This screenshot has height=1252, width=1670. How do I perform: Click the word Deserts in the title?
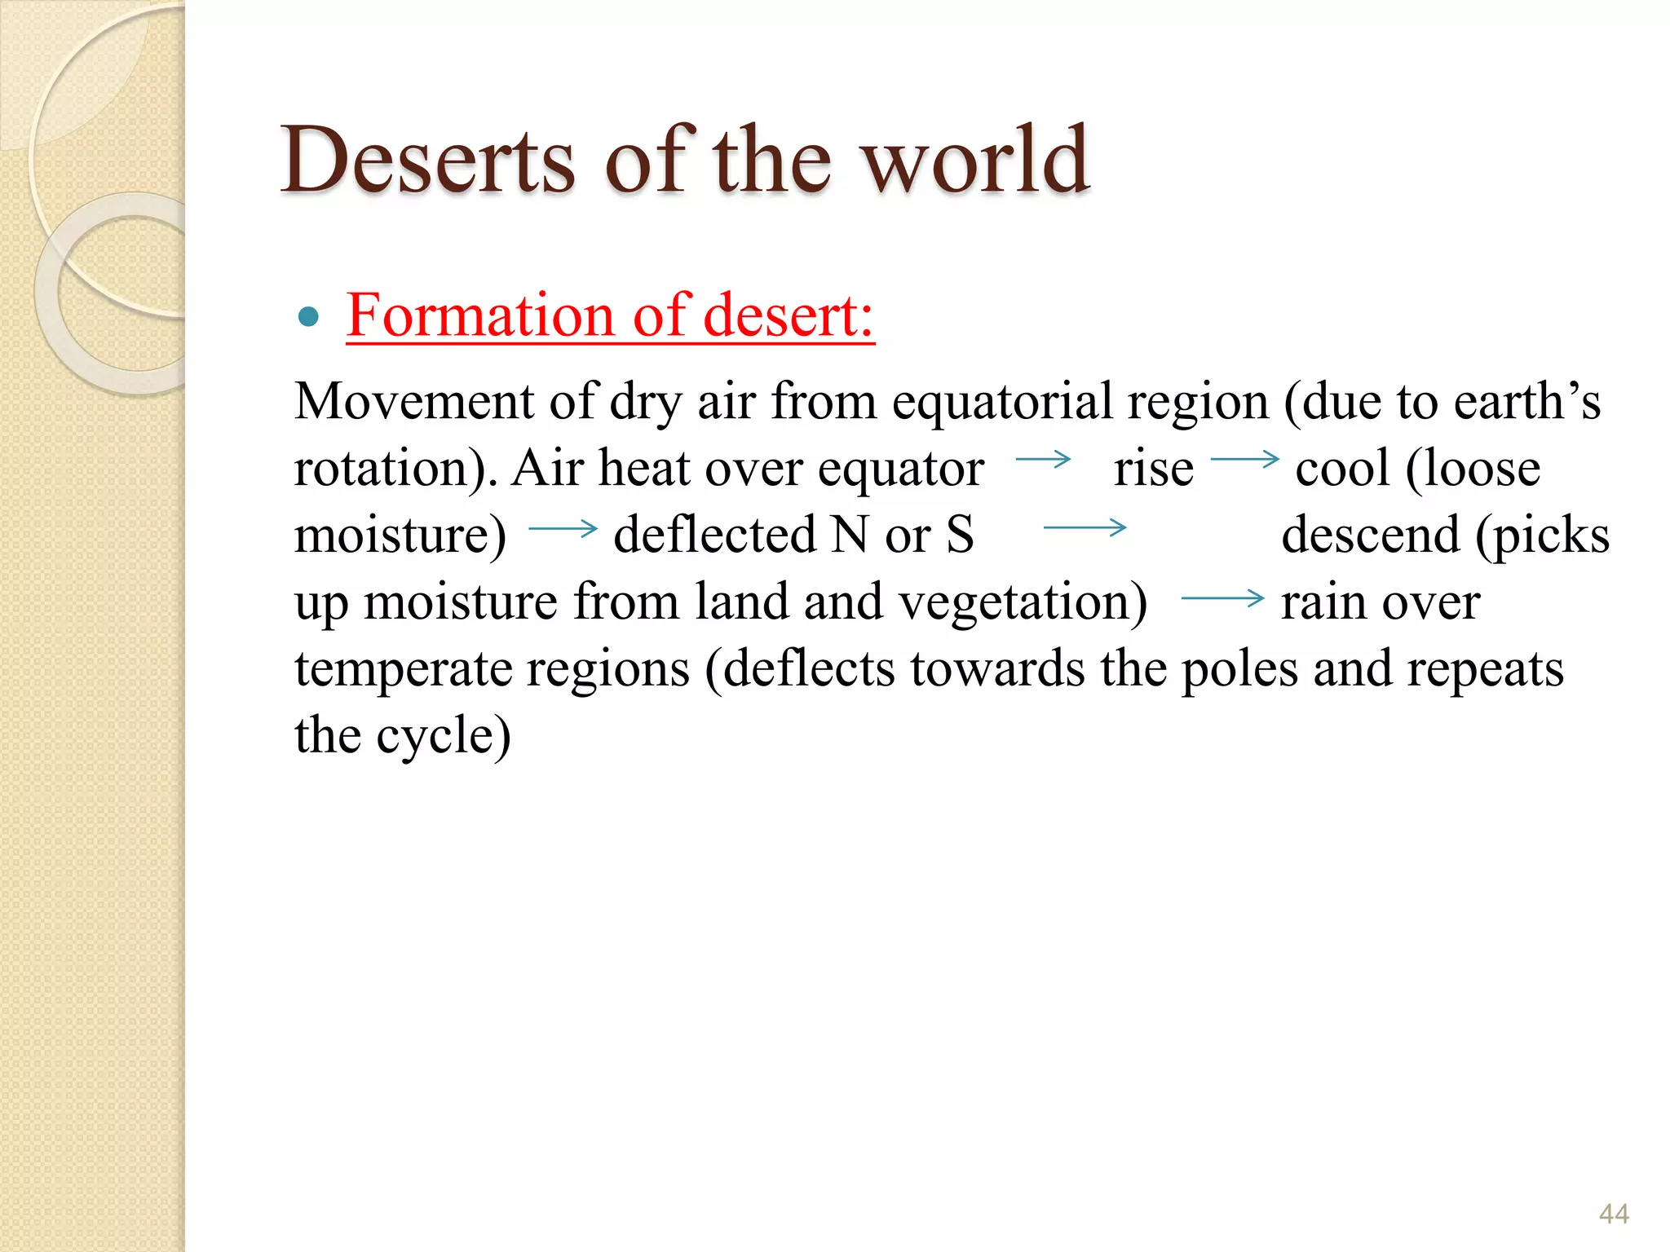click(x=427, y=161)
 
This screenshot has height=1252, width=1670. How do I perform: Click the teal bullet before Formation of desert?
click(x=308, y=316)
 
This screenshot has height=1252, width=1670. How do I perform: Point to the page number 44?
click(x=1614, y=1214)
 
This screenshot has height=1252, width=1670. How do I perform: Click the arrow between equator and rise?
click(x=1043, y=460)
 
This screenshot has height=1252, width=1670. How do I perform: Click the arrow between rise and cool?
click(x=1244, y=460)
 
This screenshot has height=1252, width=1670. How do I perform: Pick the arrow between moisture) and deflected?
click(x=563, y=529)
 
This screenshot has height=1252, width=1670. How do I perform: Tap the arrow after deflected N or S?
click(x=1085, y=528)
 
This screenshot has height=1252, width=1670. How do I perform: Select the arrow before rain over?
click(x=1222, y=599)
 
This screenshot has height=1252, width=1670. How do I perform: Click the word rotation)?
click(x=396, y=469)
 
